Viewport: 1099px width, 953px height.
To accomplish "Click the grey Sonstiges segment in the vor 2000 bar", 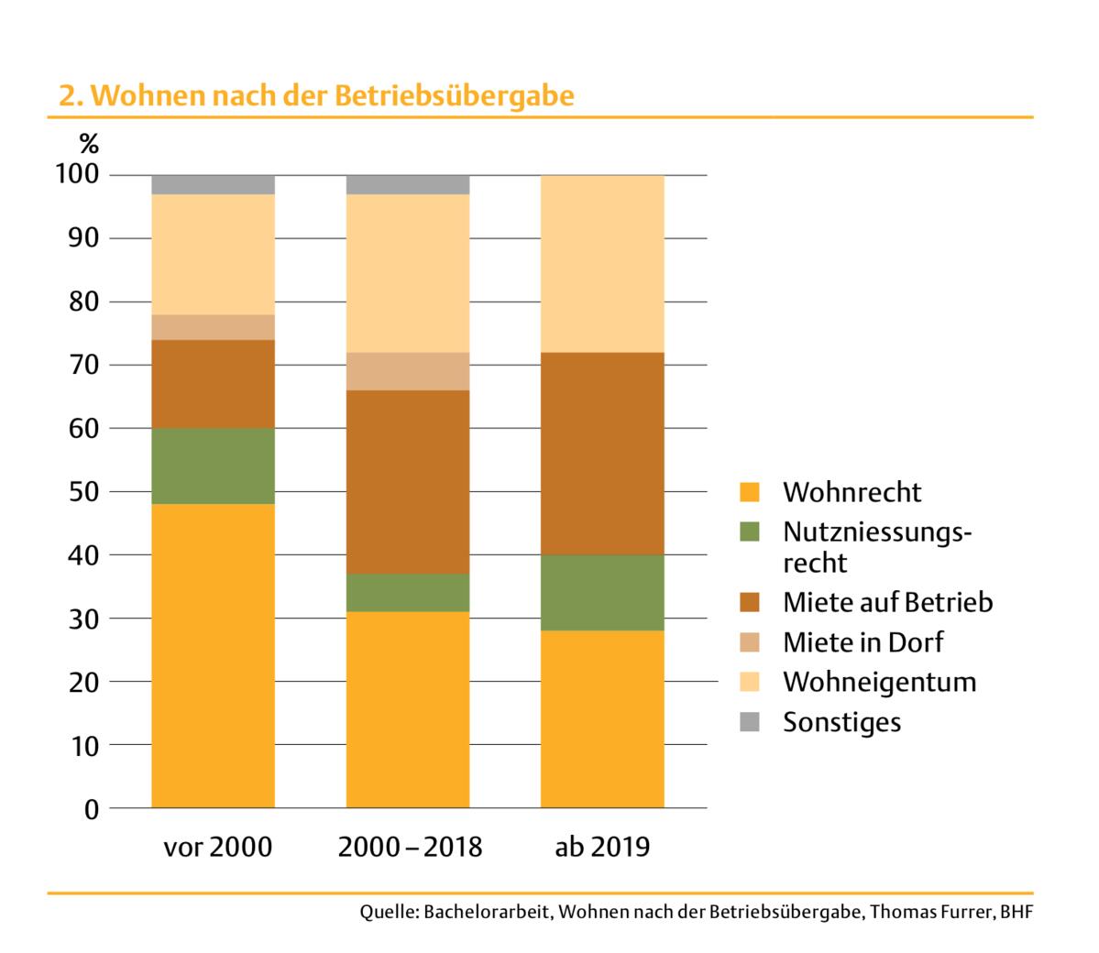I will pyautogui.click(x=213, y=184).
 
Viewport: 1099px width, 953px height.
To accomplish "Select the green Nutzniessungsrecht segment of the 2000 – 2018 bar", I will pyautogui.click(x=408, y=593).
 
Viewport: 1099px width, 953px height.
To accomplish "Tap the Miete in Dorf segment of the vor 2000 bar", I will pyautogui.click(x=213, y=327).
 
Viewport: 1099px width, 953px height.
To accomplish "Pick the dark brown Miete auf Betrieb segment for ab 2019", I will pyautogui.click(x=602, y=454).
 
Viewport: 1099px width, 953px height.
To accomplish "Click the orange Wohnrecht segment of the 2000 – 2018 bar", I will pyautogui.click(x=408, y=710).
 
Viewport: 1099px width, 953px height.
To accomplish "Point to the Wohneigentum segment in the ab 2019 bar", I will pyautogui.click(x=602, y=264).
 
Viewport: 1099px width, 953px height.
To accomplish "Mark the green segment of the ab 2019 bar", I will pyautogui.click(x=602, y=593).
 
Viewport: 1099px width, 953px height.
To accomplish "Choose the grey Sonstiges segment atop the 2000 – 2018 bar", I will pyautogui.click(x=408, y=184).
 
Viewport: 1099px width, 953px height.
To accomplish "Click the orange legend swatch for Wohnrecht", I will pyautogui.click(x=750, y=492).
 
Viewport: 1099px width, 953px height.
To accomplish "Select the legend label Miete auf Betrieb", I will pyautogui.click(x=887, y=602).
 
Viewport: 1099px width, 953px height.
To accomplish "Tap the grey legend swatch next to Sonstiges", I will pyautogui.click(x=750, y=722).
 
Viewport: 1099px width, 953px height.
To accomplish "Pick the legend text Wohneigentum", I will pyautogui.click(x=879, y=682).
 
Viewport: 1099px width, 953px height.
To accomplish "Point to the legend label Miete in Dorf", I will pyautogui.click(x=863, y=642).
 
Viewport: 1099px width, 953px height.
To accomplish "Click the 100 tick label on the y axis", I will pyautogui.click(x=77, y=175).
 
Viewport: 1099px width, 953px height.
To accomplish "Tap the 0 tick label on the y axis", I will pyautogui.click(x=91, y=809).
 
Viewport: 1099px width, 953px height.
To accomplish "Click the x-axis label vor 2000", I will pyautogui.click(x=217, y=847).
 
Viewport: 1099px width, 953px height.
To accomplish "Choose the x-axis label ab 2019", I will pyautogui.click(x=602, y=847).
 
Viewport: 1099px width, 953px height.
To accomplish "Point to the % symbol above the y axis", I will pyautogui.click(x=88, y=144).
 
